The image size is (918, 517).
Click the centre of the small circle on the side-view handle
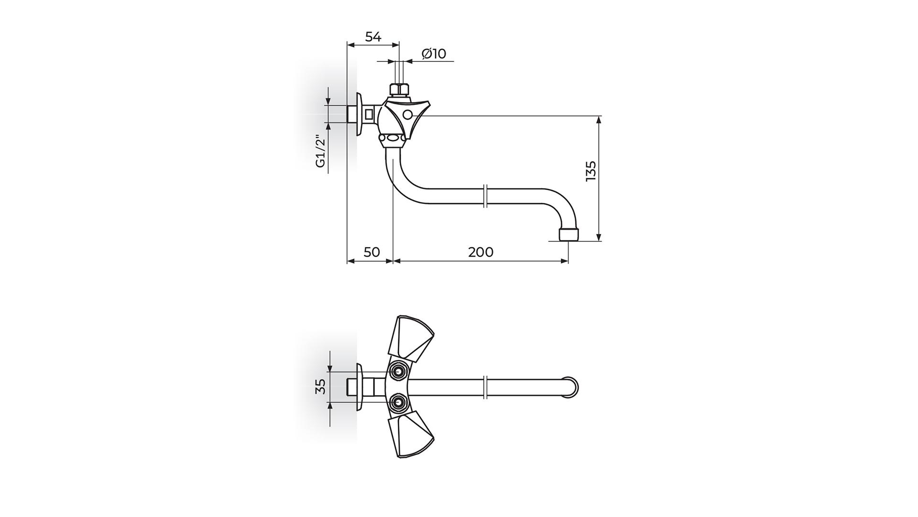coord(407,115)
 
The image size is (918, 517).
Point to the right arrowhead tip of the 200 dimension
coord(568,261)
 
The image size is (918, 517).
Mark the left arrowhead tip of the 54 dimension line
coord(347,45)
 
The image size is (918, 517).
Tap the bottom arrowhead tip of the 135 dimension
coord(599,241)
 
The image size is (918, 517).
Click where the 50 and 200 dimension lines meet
coord(393,261)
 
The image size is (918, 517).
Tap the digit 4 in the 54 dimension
coord(377,36)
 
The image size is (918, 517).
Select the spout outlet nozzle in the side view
coord(568,235)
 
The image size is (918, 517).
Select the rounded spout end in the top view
coord(572,387)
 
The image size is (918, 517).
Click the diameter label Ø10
coord(434,54)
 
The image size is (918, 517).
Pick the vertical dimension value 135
coord(591,171)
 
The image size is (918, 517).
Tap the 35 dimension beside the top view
coord(321,386)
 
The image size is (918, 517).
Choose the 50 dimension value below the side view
coord(372,252)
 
